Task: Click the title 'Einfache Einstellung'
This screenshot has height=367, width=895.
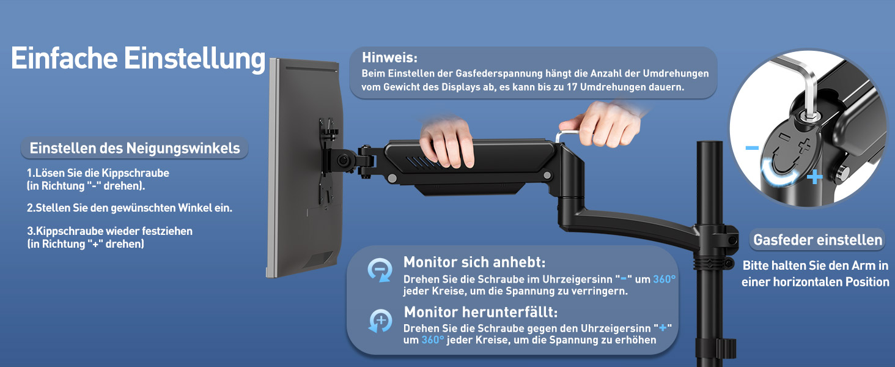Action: click(x=138, y=59)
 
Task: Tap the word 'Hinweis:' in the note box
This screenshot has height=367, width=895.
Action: click(x=389, y=57)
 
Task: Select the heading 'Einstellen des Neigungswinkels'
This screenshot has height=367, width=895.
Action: click(x=134, y=148)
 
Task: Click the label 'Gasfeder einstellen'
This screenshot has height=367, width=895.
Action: click(x=817, y=240)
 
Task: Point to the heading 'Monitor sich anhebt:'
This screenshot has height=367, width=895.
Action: click(x=474, y=262)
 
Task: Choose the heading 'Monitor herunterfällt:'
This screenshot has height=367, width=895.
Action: click(x=481, y=312)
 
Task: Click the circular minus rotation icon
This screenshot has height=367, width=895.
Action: click(x=380, y=270)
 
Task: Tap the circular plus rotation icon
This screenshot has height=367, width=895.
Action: click(x=380, y=321)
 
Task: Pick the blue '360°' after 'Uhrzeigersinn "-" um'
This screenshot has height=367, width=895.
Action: click(x=664, y=279)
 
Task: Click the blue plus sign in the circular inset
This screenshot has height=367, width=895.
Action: click(x=815, y=177)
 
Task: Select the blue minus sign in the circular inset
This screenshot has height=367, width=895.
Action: click(x=752, y=148)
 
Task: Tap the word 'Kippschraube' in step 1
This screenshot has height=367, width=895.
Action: click(x=135, y=173)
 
